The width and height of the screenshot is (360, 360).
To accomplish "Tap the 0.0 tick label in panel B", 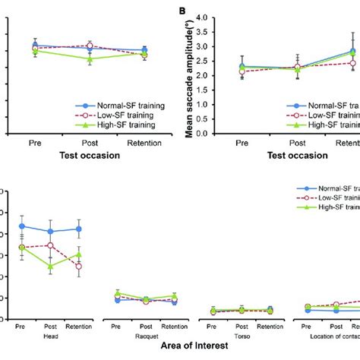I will pyautogui.click(x=203, y=133).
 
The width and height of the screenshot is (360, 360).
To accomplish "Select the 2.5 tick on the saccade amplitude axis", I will pyautogui.click(x=203, y=62).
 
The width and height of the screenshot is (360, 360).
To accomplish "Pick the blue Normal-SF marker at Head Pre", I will pyautogui.click(x=22, y=226).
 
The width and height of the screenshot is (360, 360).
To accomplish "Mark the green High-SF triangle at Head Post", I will pyautogui.click(x=50, y=267).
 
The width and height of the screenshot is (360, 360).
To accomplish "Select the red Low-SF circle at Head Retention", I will pyautogui.click(x=78, y=266).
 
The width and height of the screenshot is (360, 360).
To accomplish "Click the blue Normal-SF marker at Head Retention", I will pyautogui.click(x=78, y=229).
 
